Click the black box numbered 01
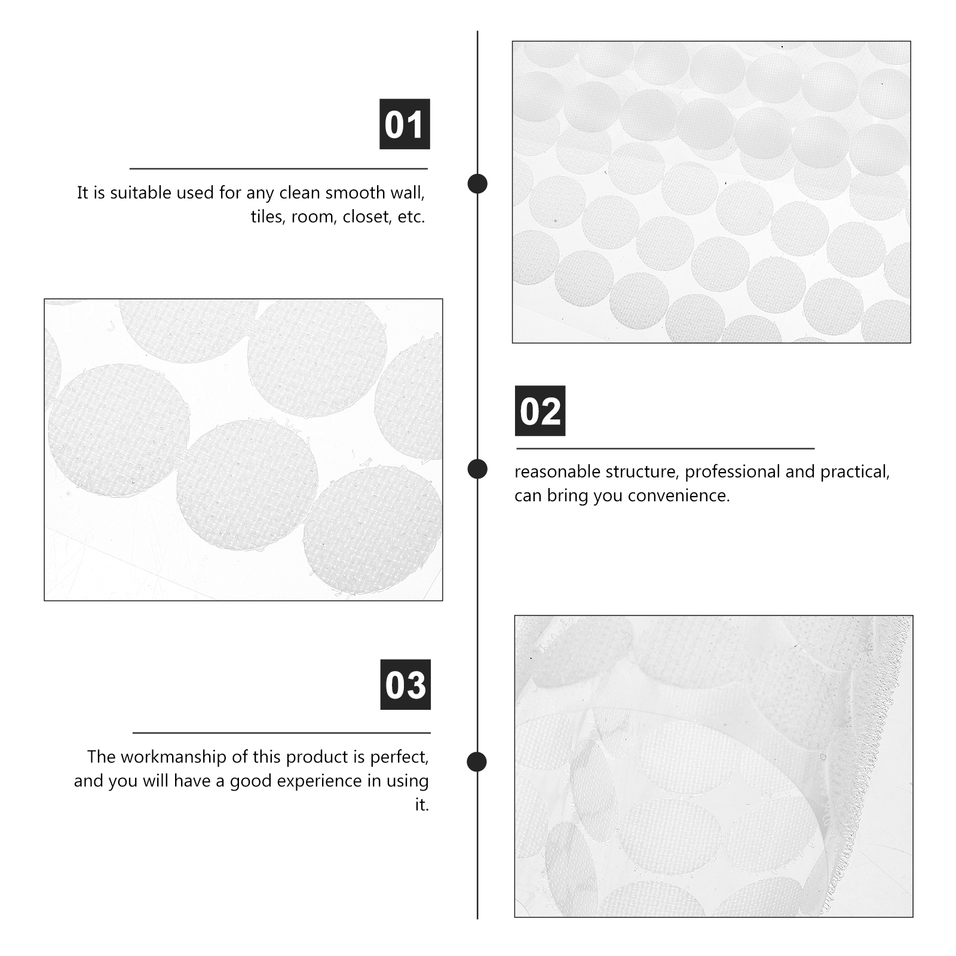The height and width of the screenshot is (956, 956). (x=405, y=124)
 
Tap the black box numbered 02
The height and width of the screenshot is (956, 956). (x=540, y=411)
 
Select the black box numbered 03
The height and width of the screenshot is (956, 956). (x=405, y=685)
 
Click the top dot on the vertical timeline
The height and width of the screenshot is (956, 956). (x=477, y=183)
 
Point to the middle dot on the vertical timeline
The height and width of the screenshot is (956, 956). (x=477, y=469)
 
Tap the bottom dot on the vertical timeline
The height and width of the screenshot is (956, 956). (x=477, y=762)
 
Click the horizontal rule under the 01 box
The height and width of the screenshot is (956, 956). (x=278, y=169)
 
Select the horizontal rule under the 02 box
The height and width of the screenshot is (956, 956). (x=665, y=448)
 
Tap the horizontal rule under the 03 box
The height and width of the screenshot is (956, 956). (x=281, y=733)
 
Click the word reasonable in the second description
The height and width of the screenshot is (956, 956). (x=557, y=472)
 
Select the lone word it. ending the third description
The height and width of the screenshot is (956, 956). (x=422, y=805)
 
